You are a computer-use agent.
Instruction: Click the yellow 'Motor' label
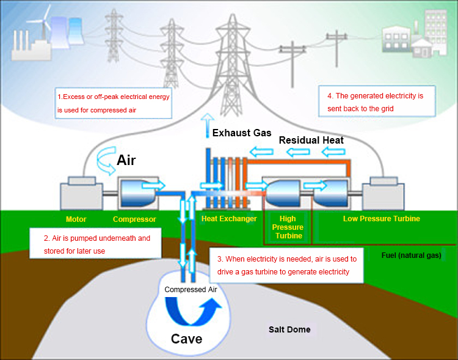76,219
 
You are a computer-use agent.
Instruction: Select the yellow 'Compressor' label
134,219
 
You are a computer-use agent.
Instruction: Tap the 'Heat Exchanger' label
229,219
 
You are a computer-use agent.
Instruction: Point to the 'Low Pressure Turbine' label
381,219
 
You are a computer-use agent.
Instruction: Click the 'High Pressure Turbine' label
287,227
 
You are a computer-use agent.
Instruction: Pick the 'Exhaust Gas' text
241,133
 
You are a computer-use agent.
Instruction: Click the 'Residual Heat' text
311,140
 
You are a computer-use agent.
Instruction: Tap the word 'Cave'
186,339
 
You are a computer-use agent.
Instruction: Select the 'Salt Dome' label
289,329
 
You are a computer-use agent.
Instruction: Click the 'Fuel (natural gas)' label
410,255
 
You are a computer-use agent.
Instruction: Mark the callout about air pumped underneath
96,244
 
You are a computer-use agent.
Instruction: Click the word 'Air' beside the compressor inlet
126,161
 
